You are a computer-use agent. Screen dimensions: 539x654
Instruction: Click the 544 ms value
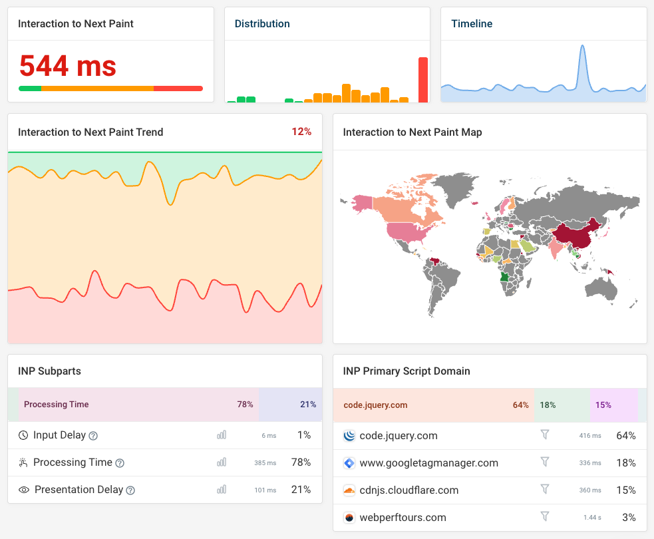[67, 66]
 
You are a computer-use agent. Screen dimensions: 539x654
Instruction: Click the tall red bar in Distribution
[423, 80]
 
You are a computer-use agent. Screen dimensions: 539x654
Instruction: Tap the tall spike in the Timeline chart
[582, 63]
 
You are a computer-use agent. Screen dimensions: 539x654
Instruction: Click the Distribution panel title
[262, 24]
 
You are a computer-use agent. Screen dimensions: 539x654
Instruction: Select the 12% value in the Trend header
[301, 132]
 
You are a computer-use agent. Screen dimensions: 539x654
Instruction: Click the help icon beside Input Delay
[94, 436]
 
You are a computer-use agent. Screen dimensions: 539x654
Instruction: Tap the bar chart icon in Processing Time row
[222, 462]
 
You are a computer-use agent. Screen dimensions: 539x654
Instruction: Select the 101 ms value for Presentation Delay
[265, 490]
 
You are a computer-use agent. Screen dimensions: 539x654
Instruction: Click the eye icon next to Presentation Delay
[24, 490]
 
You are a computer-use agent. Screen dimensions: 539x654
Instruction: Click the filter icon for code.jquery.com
[545, 435]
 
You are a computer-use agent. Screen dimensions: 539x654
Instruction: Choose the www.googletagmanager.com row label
[428, 463]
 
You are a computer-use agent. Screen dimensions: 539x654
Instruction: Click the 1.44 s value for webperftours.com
[591, 518]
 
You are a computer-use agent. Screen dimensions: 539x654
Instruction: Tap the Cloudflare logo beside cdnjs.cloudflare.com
[349, 490]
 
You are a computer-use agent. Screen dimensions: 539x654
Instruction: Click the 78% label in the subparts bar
[245, 405]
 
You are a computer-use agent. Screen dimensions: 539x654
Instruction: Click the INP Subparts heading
[49, 371]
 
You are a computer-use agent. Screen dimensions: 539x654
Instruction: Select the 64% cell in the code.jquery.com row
[626, 436]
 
